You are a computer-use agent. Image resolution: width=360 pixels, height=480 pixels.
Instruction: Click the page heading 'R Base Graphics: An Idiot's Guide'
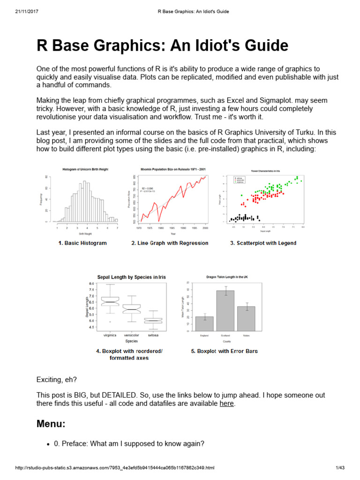pyautogui.click(x=162, y=46)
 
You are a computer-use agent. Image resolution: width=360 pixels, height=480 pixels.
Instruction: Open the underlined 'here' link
pyautogui.click(x=226, y=403)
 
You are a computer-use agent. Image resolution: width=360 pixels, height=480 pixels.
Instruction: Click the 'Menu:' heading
pyautogui.click(x=51, y=424)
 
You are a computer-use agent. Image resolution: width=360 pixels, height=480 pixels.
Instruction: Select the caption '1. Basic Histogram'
pyautogui.click(x=82, y=243)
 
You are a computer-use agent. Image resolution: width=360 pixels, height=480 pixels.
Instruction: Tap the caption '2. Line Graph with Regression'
pyautogui.click(x=170, y=243)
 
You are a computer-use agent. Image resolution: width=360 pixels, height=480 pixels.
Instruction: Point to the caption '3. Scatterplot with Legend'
pyautogui.click(x=263, y=243)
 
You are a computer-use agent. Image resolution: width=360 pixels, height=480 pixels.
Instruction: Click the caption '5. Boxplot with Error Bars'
pyautogui.click(x=224, y=351)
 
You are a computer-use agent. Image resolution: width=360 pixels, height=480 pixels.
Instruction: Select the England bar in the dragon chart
pyautogui.click(x=204, y=323)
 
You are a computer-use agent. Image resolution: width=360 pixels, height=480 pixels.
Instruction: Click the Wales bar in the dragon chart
pyautogui.click(x=246, y=318)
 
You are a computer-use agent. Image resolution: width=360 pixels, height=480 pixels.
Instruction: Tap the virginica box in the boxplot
pyautogui.click(x=110, y=301)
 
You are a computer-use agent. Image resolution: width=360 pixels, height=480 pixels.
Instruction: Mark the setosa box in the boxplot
pyautogui.click(x=153, y=321)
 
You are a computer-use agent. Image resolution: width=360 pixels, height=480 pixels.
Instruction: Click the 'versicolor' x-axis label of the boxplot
pyautogui.click(x=132, y=336)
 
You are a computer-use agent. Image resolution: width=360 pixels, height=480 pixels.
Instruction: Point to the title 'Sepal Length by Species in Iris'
pyautogui.click(x=131, y=277)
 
